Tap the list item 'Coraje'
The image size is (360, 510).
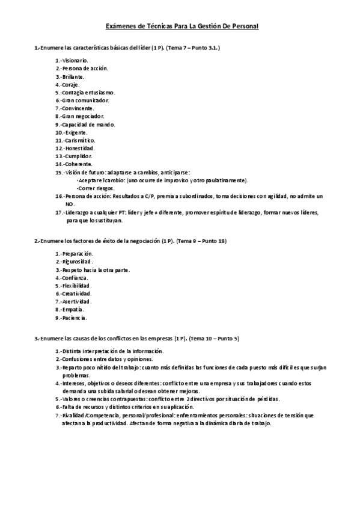click(68, 85)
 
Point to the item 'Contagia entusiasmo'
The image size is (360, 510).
click(85, 93)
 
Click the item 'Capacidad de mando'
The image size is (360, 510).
click(85, 124)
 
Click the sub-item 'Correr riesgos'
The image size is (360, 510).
click(95, 188)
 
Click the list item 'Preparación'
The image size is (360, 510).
click(75, 254)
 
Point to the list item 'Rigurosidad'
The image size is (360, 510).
click(74, 262)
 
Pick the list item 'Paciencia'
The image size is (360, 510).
click(72, 318)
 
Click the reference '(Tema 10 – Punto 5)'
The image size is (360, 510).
click(214, 339)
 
